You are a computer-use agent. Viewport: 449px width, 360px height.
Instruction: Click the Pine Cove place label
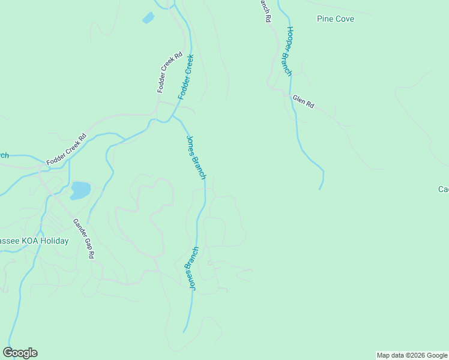coord(336,19)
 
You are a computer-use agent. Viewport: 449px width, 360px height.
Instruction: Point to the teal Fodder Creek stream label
coord(186,77)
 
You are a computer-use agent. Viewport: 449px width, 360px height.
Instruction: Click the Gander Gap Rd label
coord(84,238)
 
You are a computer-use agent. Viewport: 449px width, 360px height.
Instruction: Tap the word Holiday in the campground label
coord(54,241)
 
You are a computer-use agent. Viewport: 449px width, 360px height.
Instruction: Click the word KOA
coord(31,241)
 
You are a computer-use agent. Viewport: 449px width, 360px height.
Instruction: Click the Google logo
coord(20,353)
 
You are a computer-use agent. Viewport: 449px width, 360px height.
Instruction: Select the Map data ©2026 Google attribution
coord(412,355)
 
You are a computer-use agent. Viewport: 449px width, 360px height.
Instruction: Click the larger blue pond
coord(80,191)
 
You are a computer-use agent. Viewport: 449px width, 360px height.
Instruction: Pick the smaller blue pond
coord(148,18)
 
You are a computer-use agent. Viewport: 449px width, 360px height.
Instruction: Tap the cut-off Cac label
coord(443,190)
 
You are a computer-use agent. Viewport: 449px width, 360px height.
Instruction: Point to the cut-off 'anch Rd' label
coord(264,11)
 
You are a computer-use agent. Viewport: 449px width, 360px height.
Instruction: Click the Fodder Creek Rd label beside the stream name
coord(169,72)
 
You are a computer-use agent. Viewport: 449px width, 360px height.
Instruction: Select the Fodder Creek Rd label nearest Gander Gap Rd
coord(67,149)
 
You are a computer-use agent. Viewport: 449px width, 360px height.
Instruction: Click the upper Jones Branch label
coord(196,157)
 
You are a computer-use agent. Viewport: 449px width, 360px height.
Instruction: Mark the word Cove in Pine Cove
coord(345,19)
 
